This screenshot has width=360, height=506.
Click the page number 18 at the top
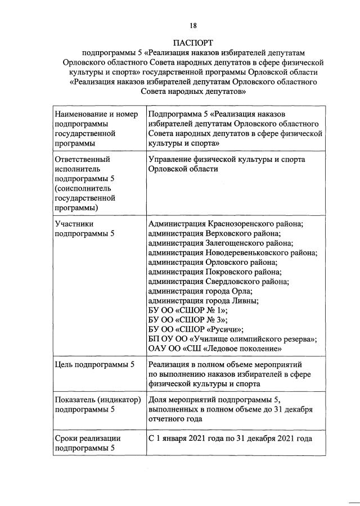click(193, 25)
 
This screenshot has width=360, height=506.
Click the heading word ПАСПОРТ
click(193, 42)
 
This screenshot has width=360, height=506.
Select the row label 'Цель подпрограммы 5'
click(94, 364)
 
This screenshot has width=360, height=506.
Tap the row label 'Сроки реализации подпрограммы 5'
click(87, 443)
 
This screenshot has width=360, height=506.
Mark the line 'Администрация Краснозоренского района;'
click(225, 224)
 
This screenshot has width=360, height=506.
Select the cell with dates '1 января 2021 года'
click(229, 439)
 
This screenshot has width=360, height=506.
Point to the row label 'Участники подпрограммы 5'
click(85, 228)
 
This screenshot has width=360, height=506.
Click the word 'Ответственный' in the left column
click(82, 159)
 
